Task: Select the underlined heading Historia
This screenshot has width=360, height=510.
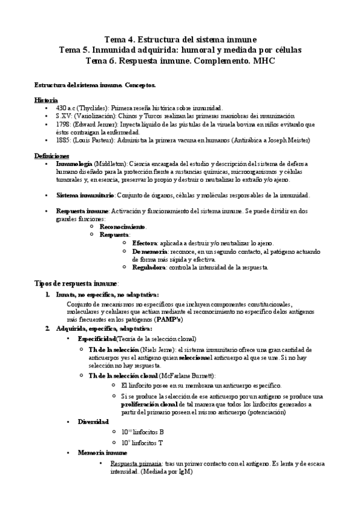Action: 46,99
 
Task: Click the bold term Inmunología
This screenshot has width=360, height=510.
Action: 74,163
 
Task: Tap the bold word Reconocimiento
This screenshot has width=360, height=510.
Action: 123,227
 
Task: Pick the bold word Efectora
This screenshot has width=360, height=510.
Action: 147,243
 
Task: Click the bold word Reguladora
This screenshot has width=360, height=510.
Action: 151,267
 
